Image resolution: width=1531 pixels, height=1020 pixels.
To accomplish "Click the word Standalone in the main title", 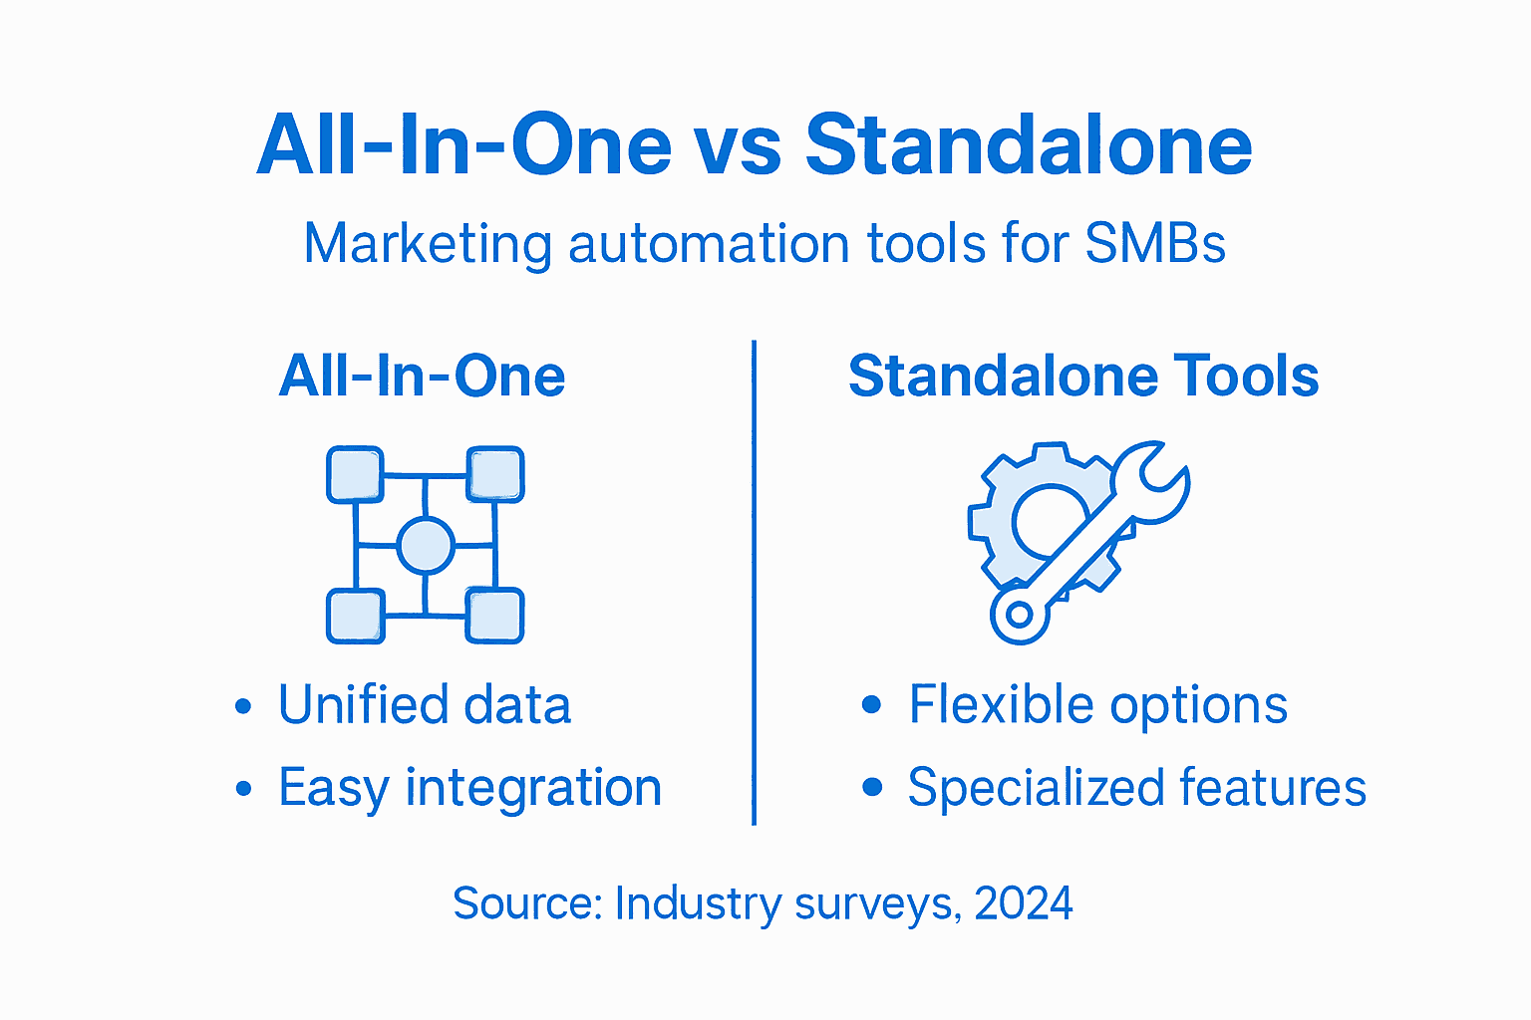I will pos(1028,145).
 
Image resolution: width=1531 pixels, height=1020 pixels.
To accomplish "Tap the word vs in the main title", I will pos(738,145).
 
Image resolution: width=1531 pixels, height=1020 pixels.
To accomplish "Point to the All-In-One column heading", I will pos(423,377).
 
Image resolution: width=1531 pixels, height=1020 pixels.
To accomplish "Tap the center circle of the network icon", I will pos(426,545).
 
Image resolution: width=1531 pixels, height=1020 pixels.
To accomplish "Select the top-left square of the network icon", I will pos(355,474).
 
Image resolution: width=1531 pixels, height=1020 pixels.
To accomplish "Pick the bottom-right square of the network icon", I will pos(495,616).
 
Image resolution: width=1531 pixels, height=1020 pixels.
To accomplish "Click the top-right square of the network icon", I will pos(495,474).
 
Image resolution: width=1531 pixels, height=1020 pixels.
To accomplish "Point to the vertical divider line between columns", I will pos(755,583).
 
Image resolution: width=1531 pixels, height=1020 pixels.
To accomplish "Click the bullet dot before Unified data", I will pos(243,707).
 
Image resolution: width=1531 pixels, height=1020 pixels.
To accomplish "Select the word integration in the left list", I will pos(533,788).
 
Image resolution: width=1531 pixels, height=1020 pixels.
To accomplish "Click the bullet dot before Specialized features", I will pos(872,788).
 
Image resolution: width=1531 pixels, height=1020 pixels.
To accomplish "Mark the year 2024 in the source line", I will pos(1024,903).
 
